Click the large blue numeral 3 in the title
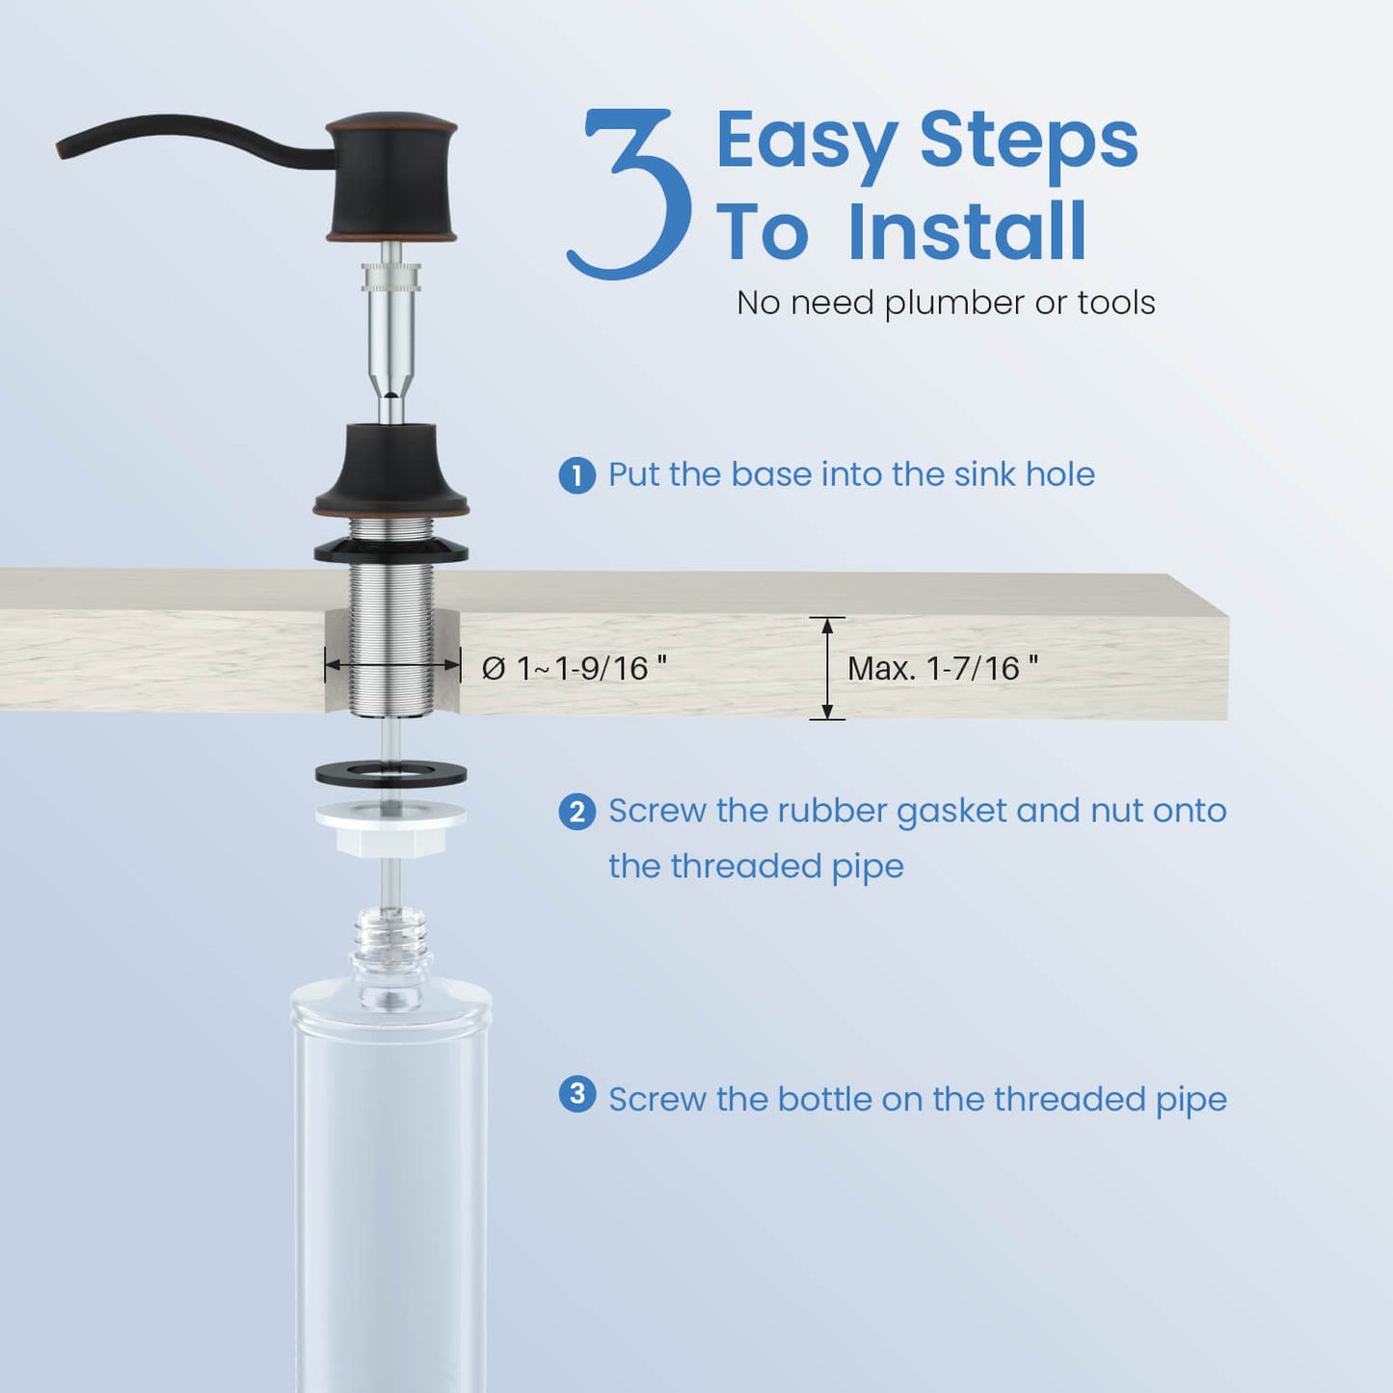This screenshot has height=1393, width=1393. pyautogui.click(x=629, y=193)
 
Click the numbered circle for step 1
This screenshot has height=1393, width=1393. pyautogui.click(x=576, y=475)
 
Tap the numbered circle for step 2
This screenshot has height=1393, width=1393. pyautogui.click(x=576, y=812)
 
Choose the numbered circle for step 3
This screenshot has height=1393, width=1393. pyautogui.click(x=576, y=1094)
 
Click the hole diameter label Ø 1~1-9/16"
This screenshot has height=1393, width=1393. pyautogui.click(x=574, y=668)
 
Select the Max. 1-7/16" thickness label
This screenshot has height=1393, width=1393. pyautogui.click(x=943, y=668)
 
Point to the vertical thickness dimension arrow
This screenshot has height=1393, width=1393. pyautogui.click(x=828, y=669)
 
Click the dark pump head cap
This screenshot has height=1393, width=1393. pyautogui.click(x=391, y=177)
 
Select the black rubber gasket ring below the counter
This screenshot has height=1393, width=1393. pyautogui.click(x=391, y=774)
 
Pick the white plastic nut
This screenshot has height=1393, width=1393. pyautogui.click(x=391, y=830)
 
